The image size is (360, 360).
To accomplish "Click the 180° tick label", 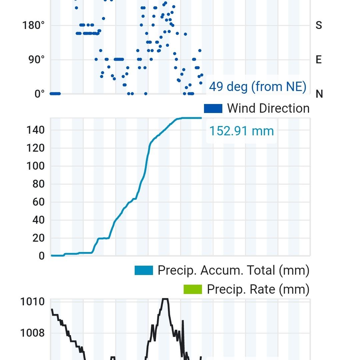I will coord(34,26).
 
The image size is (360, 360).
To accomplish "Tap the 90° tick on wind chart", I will coord(36,60).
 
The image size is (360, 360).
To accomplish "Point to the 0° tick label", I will coord(39,94).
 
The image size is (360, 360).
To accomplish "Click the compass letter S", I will coord(319,26).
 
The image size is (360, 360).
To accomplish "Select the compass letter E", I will coord(319,60).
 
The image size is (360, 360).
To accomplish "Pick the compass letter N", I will coord(319,94).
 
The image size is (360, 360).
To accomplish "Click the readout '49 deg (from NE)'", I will coord(257,87).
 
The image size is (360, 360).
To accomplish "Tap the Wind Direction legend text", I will coord(268,108).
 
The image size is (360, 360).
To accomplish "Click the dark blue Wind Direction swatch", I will coord(213,108).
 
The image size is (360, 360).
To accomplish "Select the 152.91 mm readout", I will coord(241,131).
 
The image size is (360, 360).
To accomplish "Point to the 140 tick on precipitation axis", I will coord(36,130).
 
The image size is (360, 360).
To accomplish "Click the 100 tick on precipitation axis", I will coord(36,166).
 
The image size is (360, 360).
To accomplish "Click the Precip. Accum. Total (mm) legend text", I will coord(233,270).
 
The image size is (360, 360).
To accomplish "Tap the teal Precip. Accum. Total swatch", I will coord(144,270).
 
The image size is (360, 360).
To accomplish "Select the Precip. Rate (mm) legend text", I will coord(258,289).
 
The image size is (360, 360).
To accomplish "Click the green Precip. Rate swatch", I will coord(193,289).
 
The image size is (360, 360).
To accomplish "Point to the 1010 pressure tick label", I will coord(32,302).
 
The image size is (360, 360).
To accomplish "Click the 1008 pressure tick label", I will coord(32,333).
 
